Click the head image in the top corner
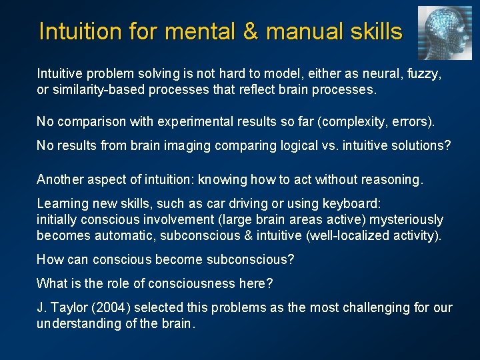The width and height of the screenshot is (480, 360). [445, 33]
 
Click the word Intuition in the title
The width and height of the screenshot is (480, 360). [80, 31]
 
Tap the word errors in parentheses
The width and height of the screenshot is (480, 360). [411, 121]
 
